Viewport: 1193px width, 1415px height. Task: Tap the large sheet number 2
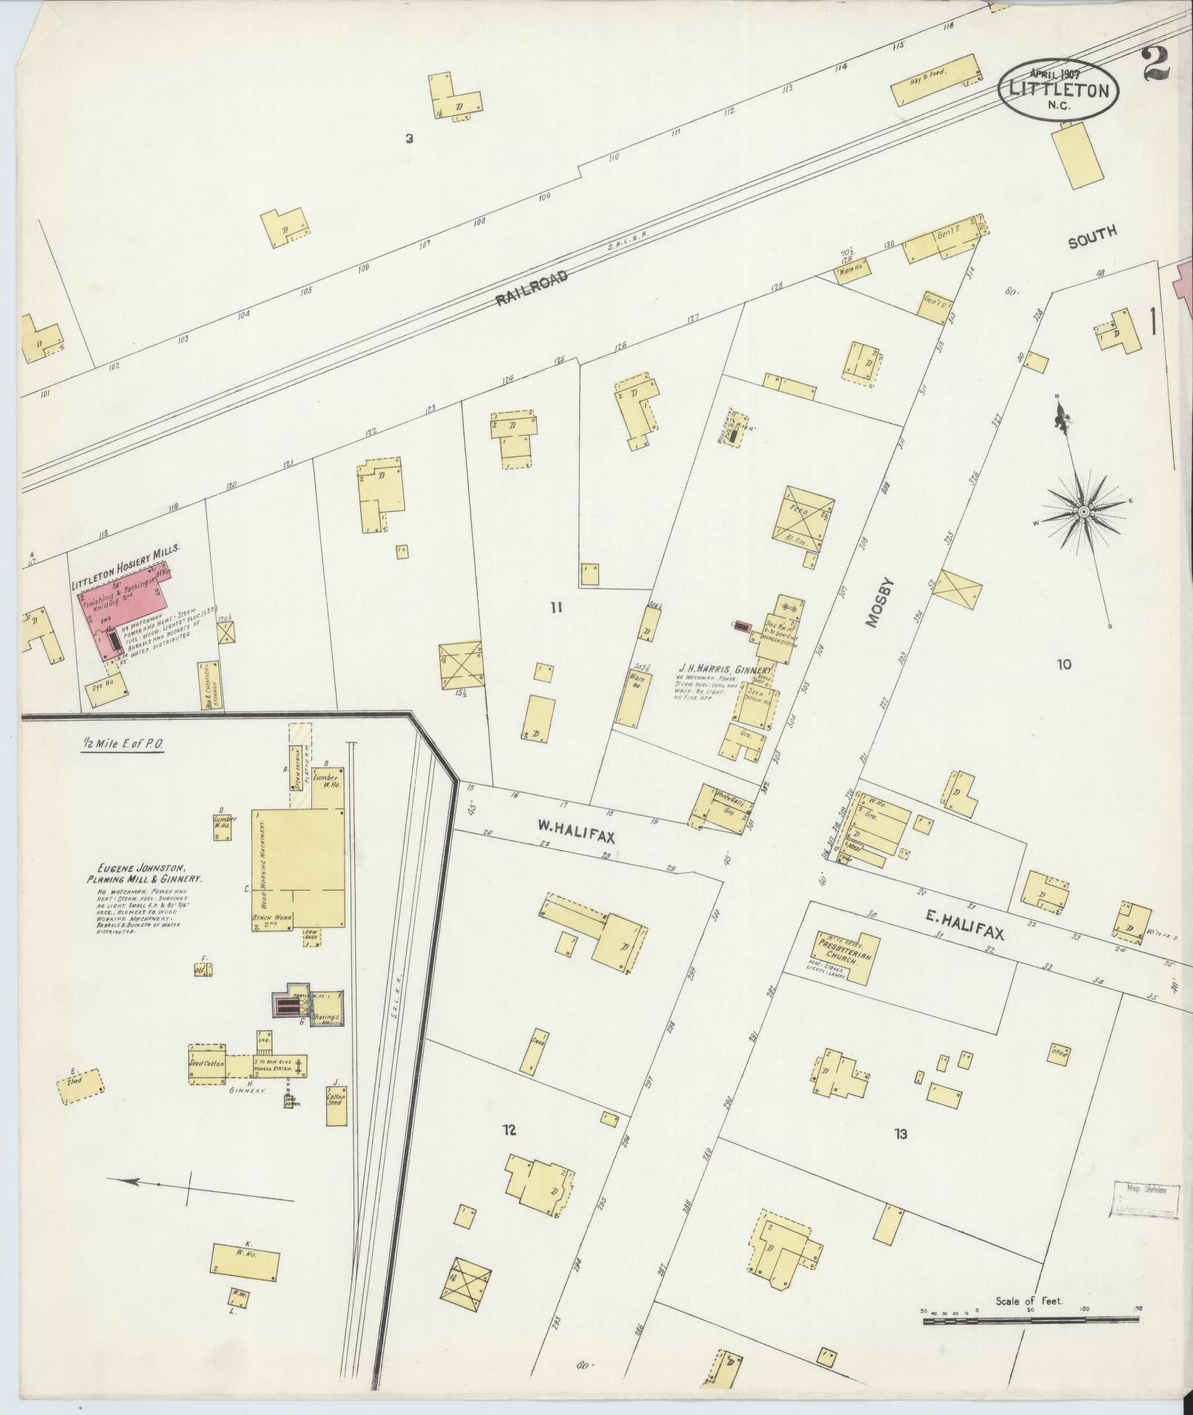(1155, 62)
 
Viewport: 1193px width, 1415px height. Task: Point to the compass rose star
(1082, 511)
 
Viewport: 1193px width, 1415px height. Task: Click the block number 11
(556, 608)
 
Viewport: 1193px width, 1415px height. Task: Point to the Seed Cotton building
(206, 1064)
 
